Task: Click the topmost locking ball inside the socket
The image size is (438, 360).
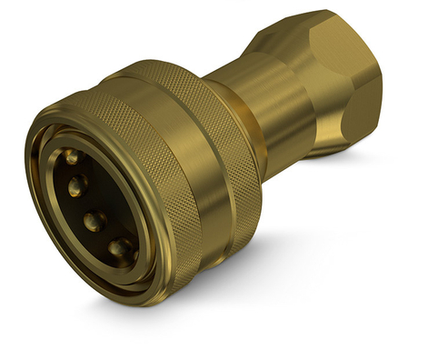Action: pos(71,157)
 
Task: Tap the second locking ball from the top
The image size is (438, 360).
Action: pos(77,185)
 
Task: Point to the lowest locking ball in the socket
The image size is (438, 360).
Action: pos(118,248)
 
